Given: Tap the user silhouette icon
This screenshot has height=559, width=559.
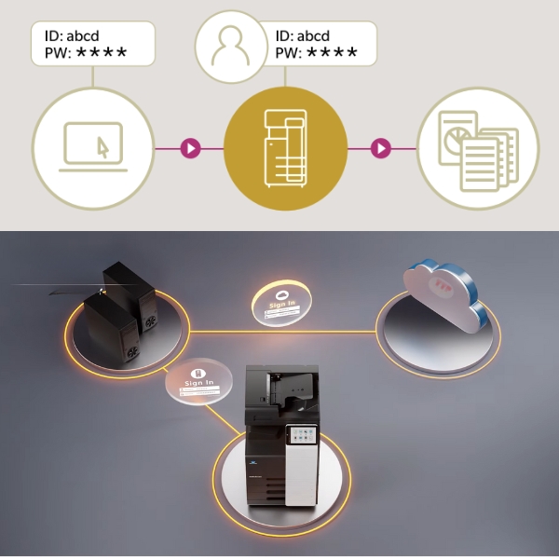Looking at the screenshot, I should [228, 44].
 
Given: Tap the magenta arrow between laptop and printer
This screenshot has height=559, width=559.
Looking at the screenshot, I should [190, 147].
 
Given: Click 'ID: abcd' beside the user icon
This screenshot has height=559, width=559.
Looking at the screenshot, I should [307, 36].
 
